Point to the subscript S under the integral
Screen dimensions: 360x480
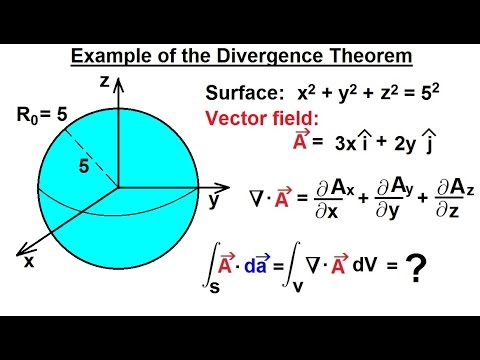(x=213, y=291)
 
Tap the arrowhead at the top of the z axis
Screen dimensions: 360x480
(x=120, y=79)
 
